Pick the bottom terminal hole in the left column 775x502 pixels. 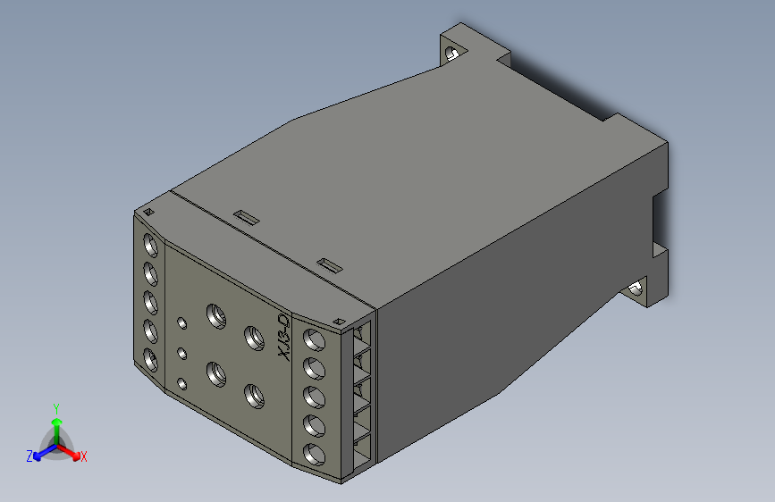click(150, 360)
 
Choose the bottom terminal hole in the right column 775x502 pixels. click(313, 453)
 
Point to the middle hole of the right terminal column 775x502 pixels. click(313, 396)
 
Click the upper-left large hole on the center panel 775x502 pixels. click(215, 314)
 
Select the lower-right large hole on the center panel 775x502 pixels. click(253, 393)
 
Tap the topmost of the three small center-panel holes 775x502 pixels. click(182, 322)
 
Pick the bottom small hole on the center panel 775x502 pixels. click(182, 383)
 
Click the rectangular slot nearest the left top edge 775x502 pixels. click(245, 216)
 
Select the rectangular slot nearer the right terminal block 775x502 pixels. click(330, 264)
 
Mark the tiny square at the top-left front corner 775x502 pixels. click(148, 211)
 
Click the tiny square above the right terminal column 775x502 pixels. click(338, 321)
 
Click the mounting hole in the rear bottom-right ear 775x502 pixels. click(636, 289)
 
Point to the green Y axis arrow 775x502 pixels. click(56, 414)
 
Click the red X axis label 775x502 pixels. click(84, 456)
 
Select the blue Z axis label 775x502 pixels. click(29, 456)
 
